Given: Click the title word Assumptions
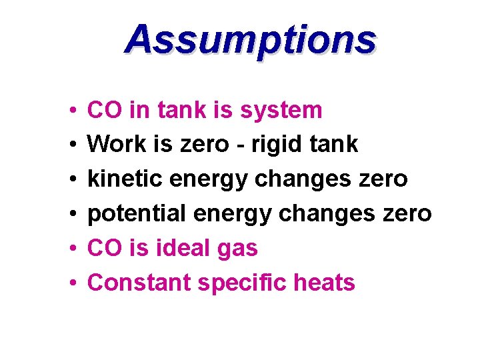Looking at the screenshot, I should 250,39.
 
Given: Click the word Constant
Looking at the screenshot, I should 139,283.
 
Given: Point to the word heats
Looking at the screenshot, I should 325,283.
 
